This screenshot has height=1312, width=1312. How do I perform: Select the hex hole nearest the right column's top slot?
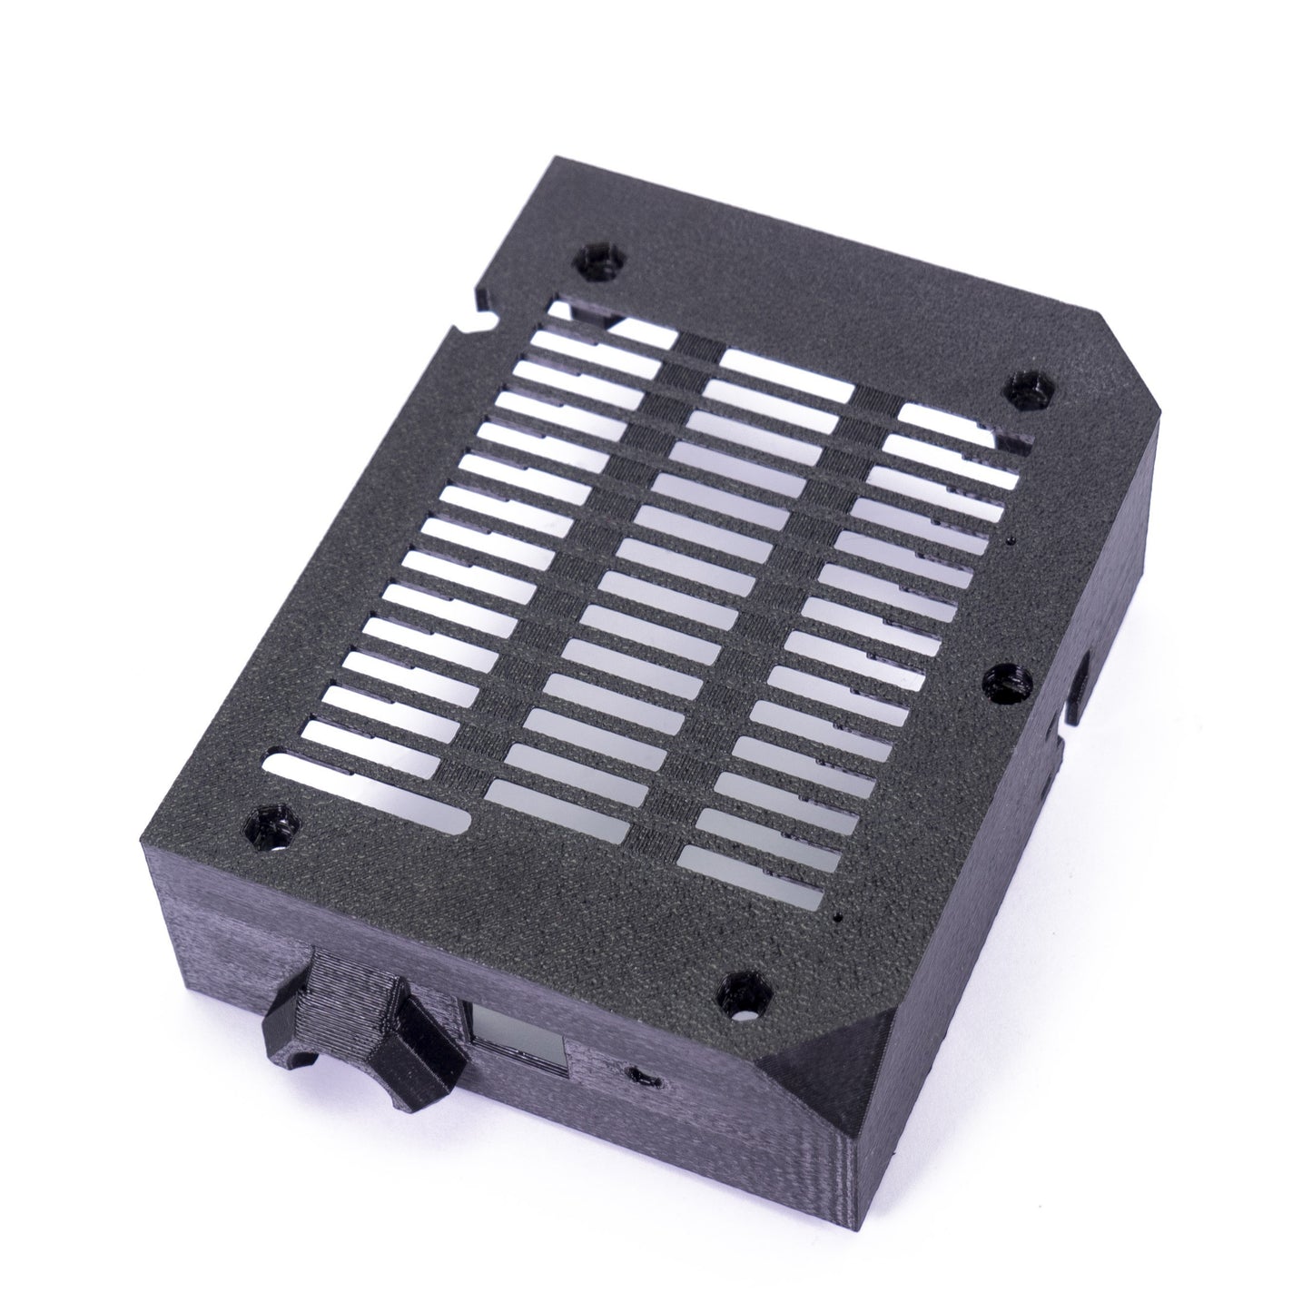tap(1029, 393)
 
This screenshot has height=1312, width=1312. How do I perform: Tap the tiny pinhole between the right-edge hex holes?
tap(1011, 543)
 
